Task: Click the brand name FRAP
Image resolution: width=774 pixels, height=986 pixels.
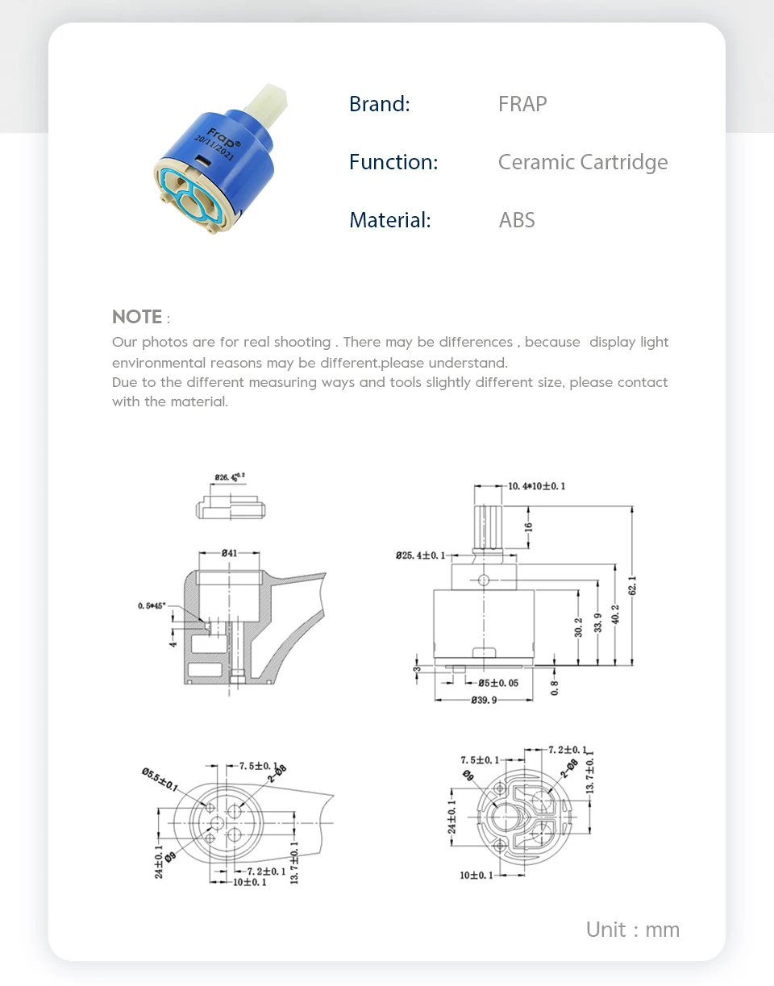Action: (x=522, y=104)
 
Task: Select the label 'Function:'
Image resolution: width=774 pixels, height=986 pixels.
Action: (x=393, y=162)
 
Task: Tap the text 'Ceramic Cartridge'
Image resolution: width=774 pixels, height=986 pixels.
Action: (x=583, y=162)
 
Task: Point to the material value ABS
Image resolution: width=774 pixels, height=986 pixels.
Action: (x=517, y=220)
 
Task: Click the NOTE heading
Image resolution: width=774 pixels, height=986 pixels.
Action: (x=137, y=316)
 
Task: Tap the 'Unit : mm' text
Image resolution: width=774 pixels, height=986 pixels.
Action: (x=633, y=930)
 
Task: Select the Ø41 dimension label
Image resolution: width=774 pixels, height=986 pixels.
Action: (x=229, y=553)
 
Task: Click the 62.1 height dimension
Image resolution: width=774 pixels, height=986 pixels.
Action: (x=634, y=585)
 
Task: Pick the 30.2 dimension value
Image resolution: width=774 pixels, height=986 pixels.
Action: (x=578, y=627)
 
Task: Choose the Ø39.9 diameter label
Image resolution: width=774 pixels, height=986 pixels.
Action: (x=485, y=700)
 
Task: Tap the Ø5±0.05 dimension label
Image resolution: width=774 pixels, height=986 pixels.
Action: (x=498, y=683)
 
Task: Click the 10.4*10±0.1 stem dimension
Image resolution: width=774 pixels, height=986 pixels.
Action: (x=536, y=486)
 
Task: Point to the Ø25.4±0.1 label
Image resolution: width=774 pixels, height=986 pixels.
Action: (x=420, y=555)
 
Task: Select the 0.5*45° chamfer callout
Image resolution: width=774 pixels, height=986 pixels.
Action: (x=152, y=605)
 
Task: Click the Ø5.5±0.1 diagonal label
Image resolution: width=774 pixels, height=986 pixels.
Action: (x=160, y=780)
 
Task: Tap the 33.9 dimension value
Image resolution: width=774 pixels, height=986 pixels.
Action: (x=597, y=622)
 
